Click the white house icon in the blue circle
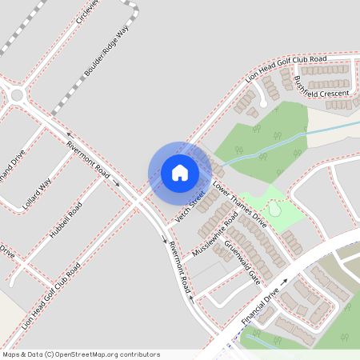point(180,172)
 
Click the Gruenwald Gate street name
point(242,262)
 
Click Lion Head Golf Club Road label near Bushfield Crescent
point(286,70)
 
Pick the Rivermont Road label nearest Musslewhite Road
point(178,267)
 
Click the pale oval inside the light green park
point(275,209)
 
